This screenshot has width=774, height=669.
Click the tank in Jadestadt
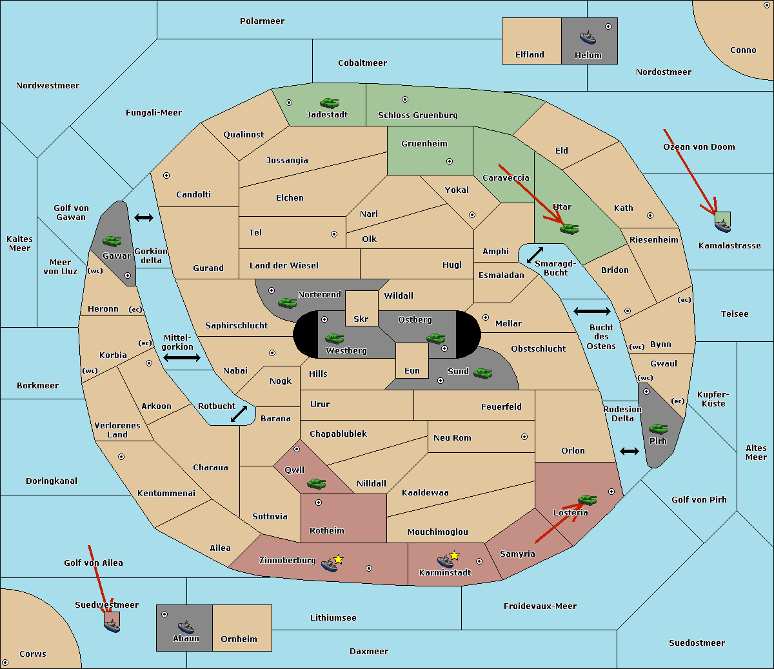pos(329,103)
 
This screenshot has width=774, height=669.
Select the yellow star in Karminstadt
pos(454,555)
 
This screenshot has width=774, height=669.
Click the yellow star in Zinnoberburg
pos(338,559)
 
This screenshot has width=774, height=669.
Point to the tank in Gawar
pos(112,241)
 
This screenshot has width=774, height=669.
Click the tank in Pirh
pos(658,428)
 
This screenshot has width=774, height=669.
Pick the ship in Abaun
pos(186,626)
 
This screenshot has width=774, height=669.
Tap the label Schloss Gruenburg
pos(417,115)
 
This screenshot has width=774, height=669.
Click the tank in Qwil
pos(316,483)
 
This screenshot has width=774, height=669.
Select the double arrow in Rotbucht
pos(239,414)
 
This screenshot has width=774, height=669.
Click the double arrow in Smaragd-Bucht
pos(535,255)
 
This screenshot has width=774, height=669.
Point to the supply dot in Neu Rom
pos(524,437)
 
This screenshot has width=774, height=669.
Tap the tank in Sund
pos(482,373)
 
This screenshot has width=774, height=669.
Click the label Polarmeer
pos(262,21)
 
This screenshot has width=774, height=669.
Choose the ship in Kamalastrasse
pos(722,226)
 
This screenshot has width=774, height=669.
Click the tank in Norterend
pos(287,303)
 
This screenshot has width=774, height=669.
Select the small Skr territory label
pos(361,319)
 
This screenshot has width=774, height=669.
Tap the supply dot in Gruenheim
pos(450,161)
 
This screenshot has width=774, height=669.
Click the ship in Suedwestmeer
pos(112,625)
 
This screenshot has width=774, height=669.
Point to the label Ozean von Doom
pos(699,147)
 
